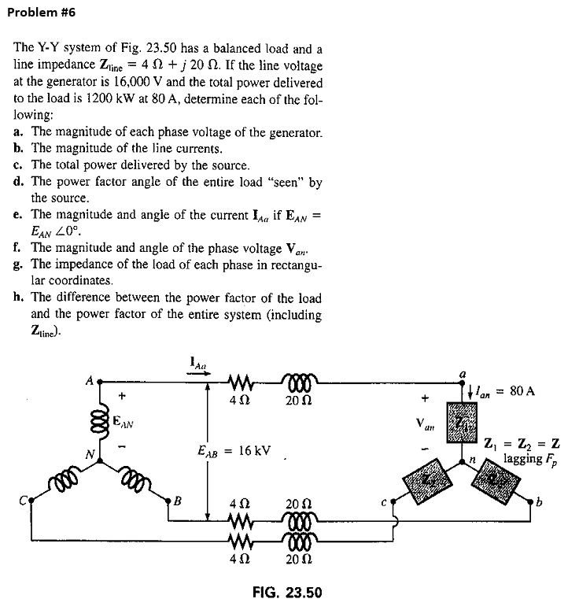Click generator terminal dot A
[x=99, y=384]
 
